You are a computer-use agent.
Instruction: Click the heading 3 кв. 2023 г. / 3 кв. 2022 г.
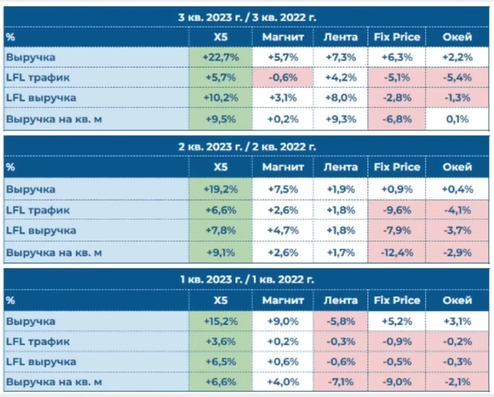point(247,17)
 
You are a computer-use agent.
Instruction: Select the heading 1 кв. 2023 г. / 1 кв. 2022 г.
point(247,280)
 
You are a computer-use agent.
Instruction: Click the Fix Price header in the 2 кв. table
point(396,167)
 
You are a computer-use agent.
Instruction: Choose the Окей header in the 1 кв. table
point(457,300)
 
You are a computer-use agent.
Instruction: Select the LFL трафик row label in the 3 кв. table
point(38,78)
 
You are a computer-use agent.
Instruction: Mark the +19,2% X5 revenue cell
point(220,189)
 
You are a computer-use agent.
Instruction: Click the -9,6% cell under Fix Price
point(396,210)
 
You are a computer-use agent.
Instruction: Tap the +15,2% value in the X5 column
point(220,321)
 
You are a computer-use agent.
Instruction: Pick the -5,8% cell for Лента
point(340,321)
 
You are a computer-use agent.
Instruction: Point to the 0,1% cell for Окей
point(457,119)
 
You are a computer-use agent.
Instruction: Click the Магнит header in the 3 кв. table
point(283,37)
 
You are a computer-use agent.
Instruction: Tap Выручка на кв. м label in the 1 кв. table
point(54,382)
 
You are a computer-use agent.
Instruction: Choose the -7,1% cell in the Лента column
point(340,382)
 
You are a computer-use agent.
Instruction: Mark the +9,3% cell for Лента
point(340,119)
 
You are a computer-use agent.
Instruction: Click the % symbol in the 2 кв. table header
point(11,167)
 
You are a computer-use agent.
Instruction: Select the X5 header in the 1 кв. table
point(220,300)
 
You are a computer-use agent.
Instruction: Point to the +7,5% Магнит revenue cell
point(283,189)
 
